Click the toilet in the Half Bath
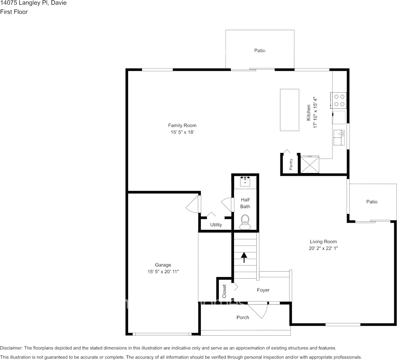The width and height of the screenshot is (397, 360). [245, 221]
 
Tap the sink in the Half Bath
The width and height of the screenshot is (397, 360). [245, 181]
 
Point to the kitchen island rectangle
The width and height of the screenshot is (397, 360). [290, 110]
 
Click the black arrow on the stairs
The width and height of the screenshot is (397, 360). [244, 258]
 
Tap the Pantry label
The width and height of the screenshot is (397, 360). [291, 164]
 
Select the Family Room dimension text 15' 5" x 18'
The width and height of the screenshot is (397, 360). [182, 132]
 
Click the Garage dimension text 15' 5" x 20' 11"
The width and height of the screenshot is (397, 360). [163, 272]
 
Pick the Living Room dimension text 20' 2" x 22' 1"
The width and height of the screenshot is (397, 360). [323, 248]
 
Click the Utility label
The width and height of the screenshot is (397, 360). [216, 225]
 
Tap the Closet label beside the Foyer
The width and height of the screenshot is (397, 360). [224, 291]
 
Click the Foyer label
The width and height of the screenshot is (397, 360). [263, 290]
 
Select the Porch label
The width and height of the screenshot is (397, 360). [243, 317]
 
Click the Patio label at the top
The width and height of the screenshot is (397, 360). [260, 51]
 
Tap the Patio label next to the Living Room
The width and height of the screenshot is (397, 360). [371, 202]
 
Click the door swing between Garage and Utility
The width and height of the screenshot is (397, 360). [193, 204]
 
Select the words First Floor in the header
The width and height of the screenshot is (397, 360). [14, 12]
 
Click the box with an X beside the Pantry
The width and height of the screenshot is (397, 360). [310, 164]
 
